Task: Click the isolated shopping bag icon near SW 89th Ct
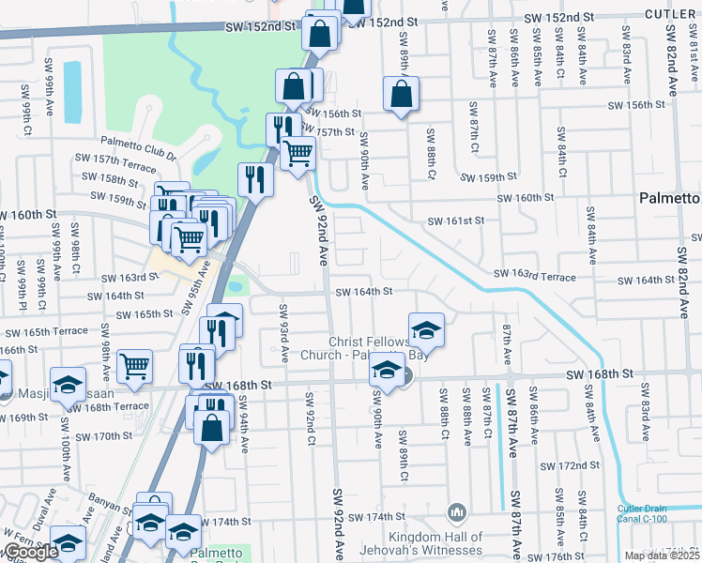[401, 95]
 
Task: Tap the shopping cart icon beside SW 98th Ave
[134, 365]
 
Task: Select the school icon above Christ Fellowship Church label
[426, 330]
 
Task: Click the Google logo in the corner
[29, 552]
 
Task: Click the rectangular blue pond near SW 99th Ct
[71, 92]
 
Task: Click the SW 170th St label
[106, 435]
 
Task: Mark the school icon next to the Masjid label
[68, 386]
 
